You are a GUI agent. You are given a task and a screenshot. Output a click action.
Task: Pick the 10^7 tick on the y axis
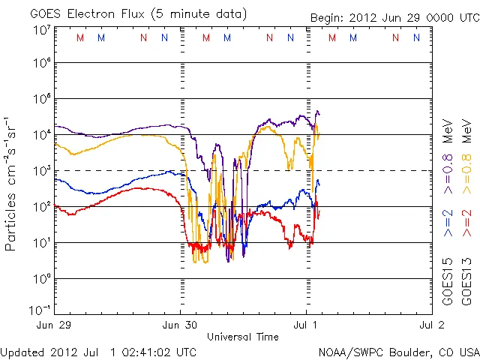(x=41, y=30)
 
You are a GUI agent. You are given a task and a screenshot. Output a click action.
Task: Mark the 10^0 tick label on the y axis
(x=41, y=279)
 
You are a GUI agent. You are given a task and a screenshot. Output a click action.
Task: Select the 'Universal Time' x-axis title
(x=243, y=337)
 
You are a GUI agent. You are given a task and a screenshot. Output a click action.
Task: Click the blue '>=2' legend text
(x=448, y=223)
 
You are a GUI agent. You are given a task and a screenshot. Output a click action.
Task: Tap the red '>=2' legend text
(x=469, y=223)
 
